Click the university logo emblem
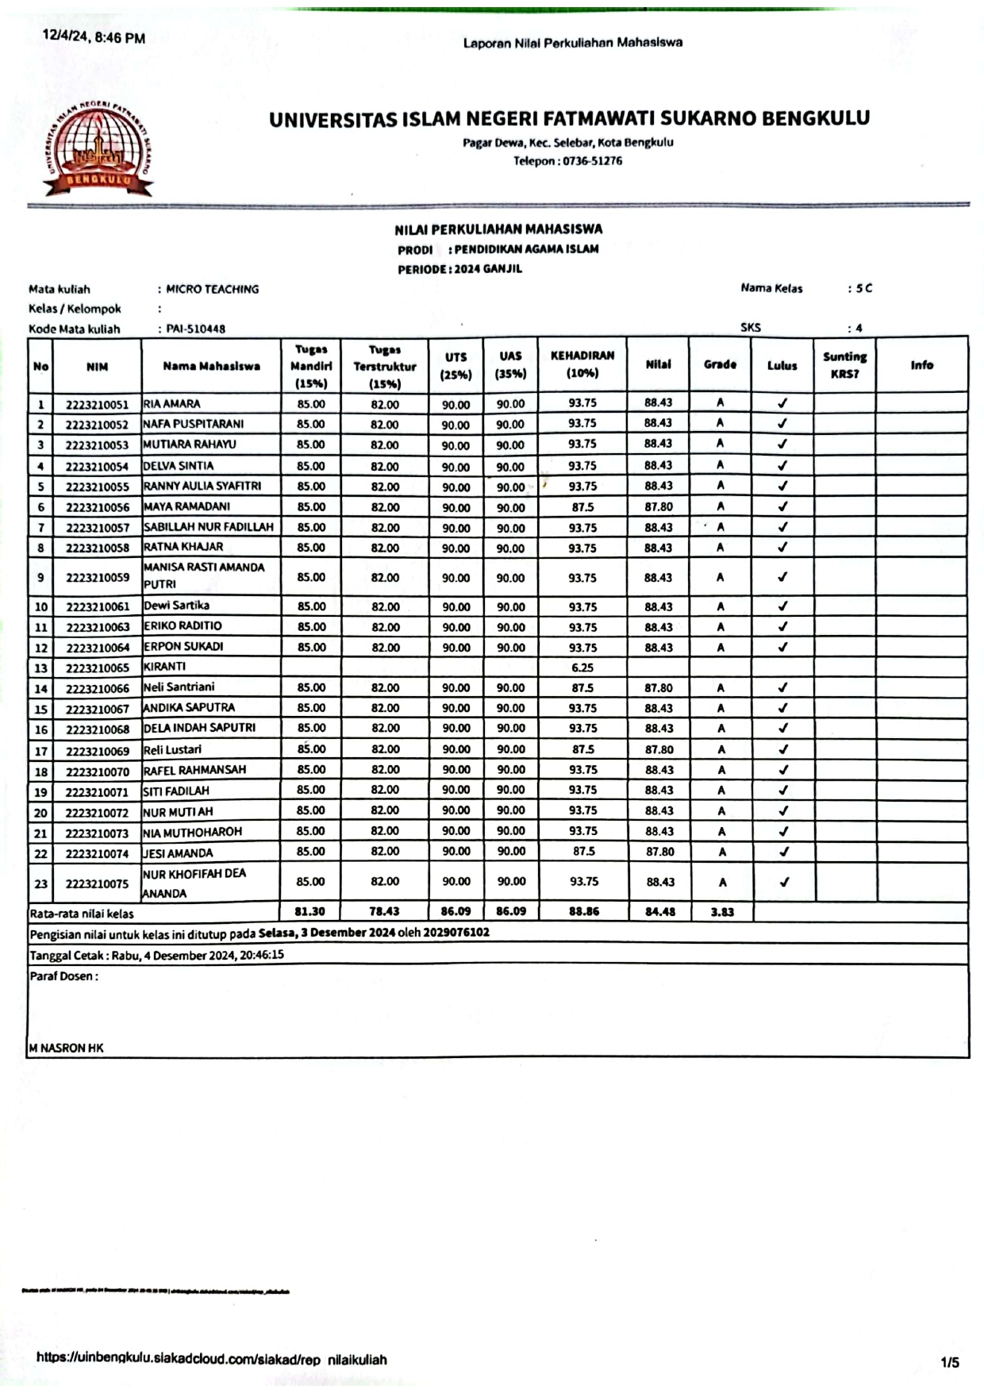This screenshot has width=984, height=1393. tap(98, 148)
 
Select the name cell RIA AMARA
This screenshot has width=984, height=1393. tap(171, 404)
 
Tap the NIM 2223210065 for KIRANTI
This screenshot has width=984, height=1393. tap(97, 668)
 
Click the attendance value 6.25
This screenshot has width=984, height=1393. tap(582, 668)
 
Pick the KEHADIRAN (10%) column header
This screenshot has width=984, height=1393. tap(582, 364)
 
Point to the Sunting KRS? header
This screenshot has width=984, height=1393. tap(844, 365)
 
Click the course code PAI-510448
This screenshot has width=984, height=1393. tap(195, 329)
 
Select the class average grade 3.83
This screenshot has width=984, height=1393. tap(721, 912)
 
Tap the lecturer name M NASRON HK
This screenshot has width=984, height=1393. tap(67, 1048)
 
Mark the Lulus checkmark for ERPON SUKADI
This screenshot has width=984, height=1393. tap(782, 647)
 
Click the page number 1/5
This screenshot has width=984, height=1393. tap(950, 1363)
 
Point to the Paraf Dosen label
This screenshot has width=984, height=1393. tap(63, 976)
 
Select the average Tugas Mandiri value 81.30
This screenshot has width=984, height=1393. tap(309, 912)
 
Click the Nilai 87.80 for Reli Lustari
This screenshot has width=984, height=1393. tap(659, 749)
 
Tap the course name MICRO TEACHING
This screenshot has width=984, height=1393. tap(212, 289)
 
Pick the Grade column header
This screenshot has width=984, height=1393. tap(720, 364)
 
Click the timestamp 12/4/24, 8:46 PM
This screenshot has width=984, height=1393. tap(94, 37)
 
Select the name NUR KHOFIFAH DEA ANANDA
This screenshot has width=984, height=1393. tap(194, 883)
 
